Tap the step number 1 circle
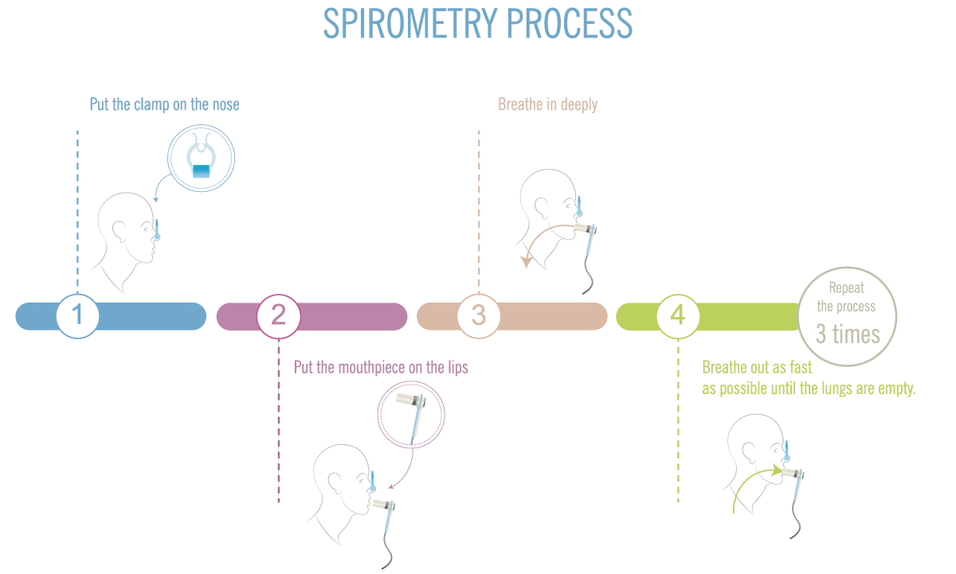pos(77,315)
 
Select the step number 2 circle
pos(278,315)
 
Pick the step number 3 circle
pos(478,315)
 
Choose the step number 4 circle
pos(677,315)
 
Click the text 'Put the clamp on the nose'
pos(164,104)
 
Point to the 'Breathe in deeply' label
pos(547,104)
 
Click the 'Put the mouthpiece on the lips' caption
pos(381,367)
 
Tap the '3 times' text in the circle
pos(848,333)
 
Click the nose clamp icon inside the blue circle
pos(201,157)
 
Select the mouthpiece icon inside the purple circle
pos(411,408)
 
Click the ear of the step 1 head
pos(119,230)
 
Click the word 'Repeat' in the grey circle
pos(846,288)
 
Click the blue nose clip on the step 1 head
pos(159,230)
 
